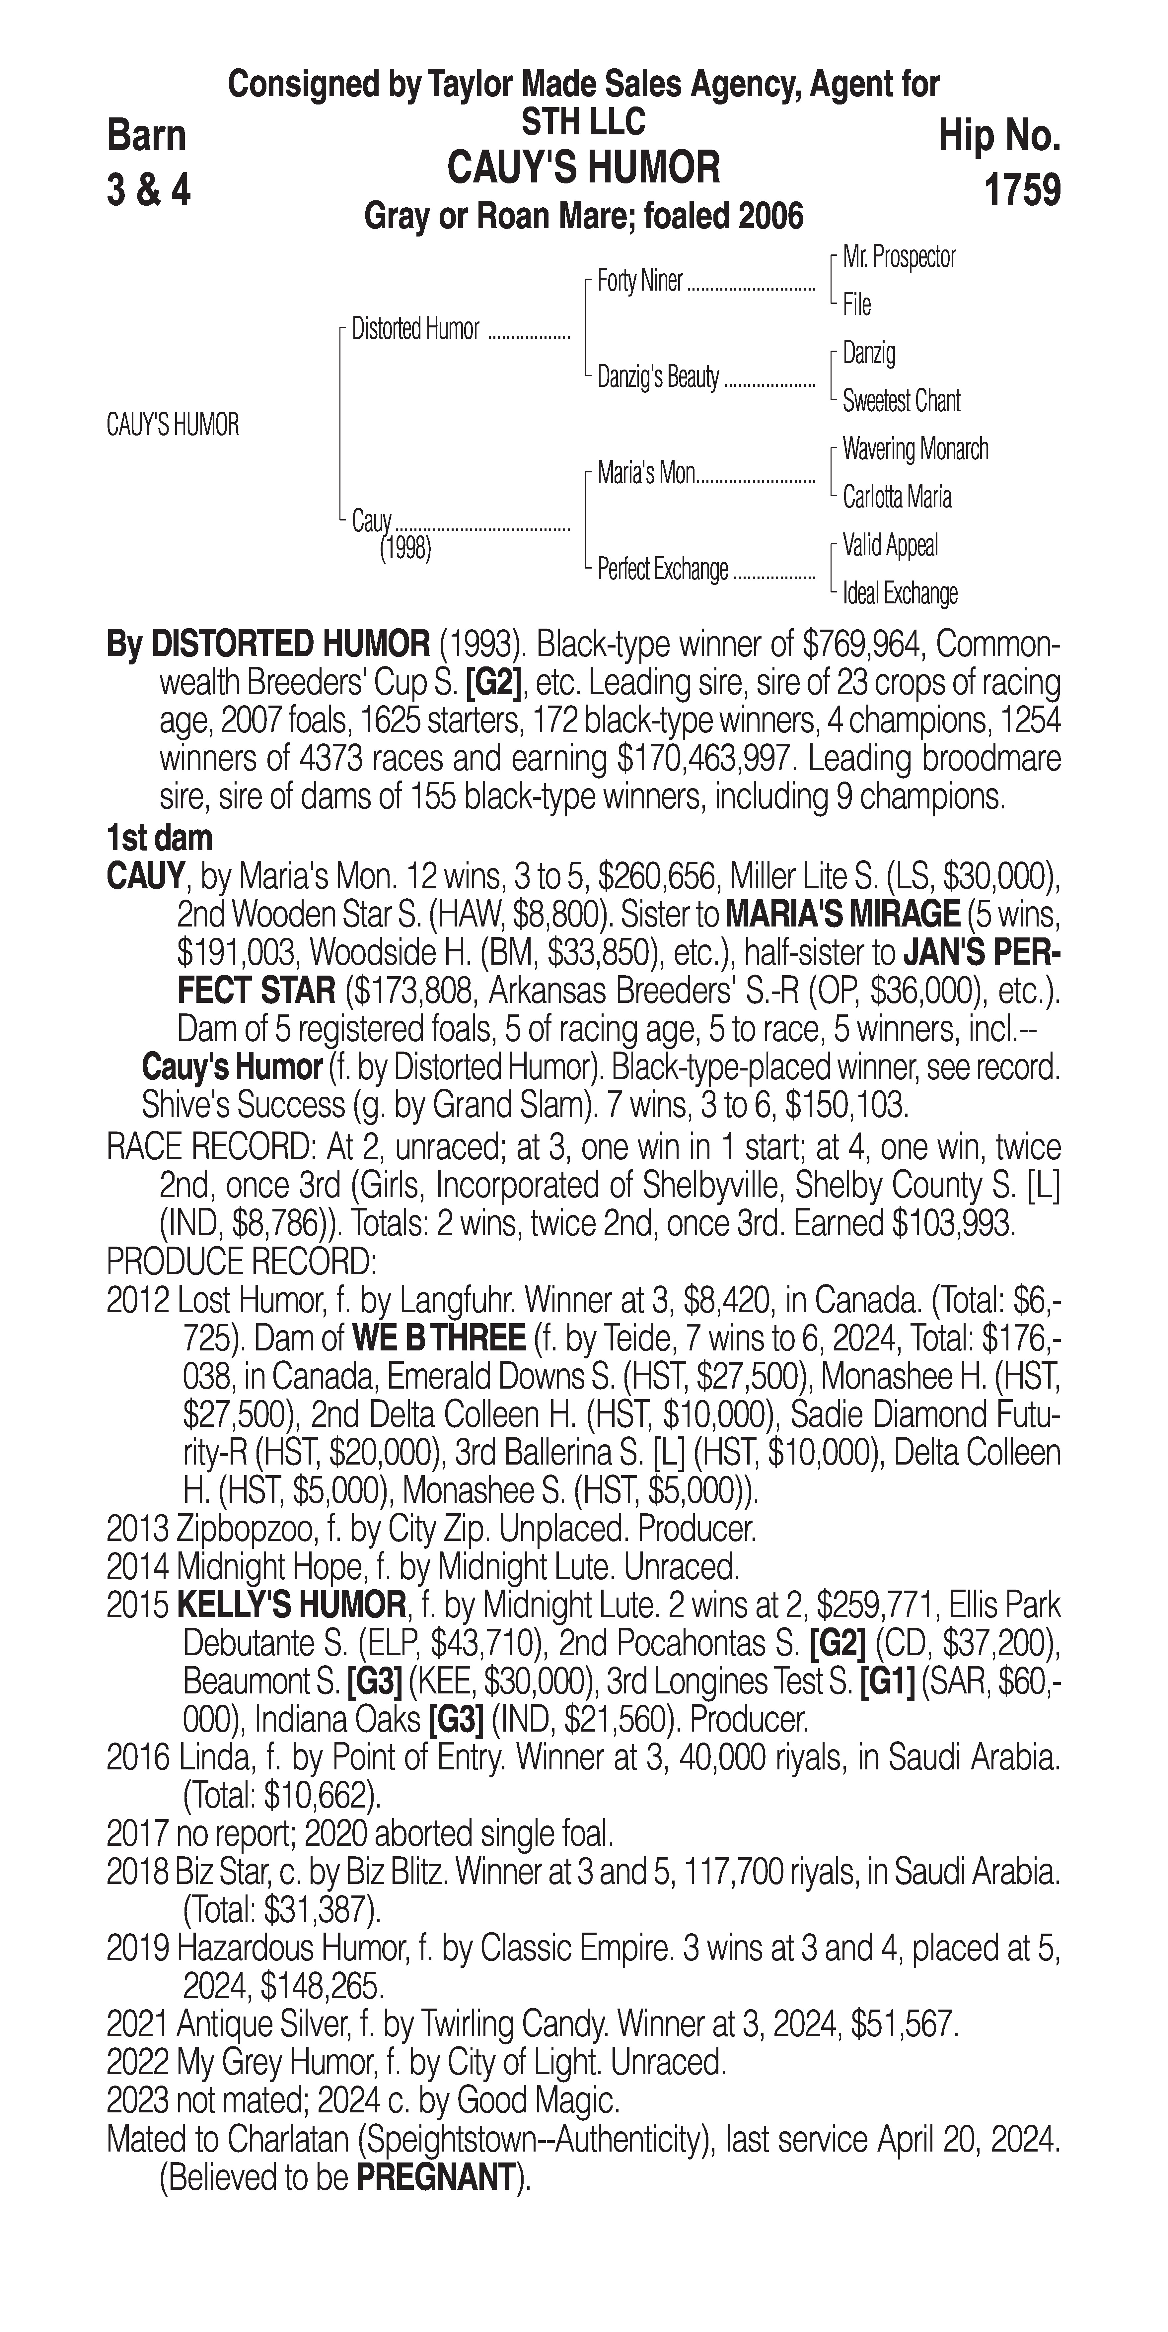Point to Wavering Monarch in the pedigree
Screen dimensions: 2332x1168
click(914, 449)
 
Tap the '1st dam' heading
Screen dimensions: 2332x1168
click(159, 838)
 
